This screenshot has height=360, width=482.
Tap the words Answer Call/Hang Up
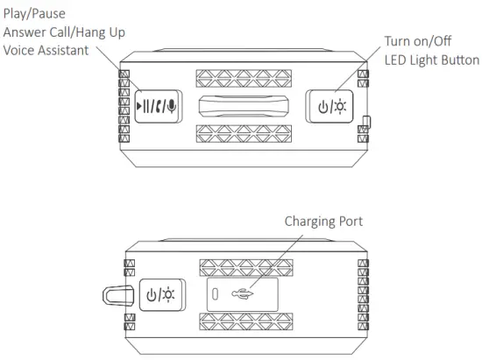(63, 32)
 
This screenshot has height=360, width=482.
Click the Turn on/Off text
(416, 41)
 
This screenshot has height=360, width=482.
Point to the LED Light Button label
(432, 60)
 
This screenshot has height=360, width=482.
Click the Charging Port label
(323, 222)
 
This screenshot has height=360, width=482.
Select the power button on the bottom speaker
(160, 295)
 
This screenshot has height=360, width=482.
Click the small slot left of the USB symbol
(215, 294)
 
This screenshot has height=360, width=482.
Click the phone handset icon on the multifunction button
(162, 107)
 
